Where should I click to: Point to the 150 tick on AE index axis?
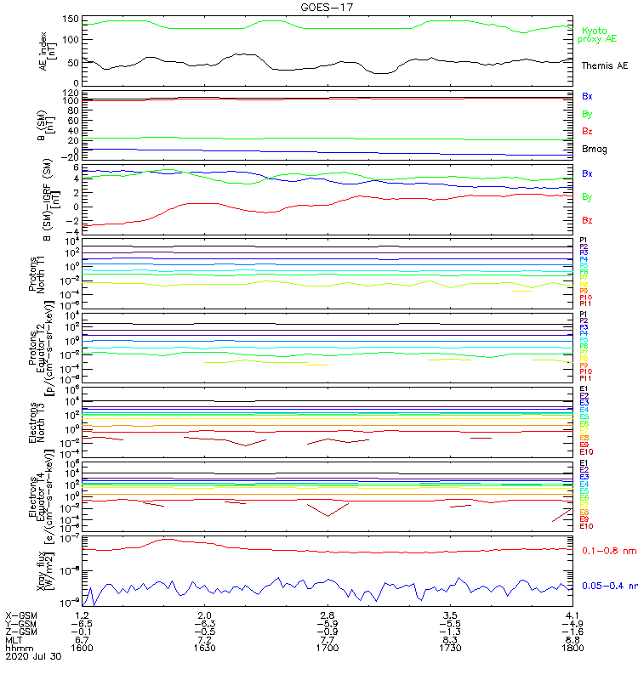pyautogui.click(x=71, y=19)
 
